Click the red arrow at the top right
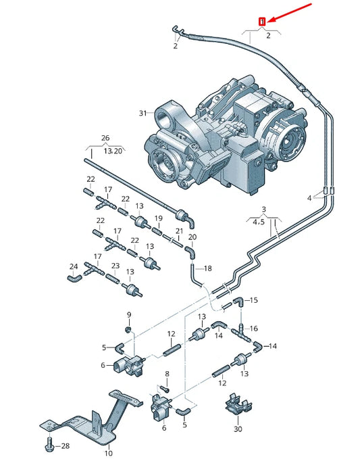[x=290, y=13]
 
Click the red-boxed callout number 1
[x=262, y=22]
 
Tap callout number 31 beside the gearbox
[x=143, y=113]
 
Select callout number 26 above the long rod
[x=105, y=138]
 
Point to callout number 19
[x=159, y=218]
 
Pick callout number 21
[x=179, y=231]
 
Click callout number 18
[x=207, y=268]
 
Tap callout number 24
[x=74, y=266]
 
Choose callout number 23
[x=115, y=266]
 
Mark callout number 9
[x=129, y=315]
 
